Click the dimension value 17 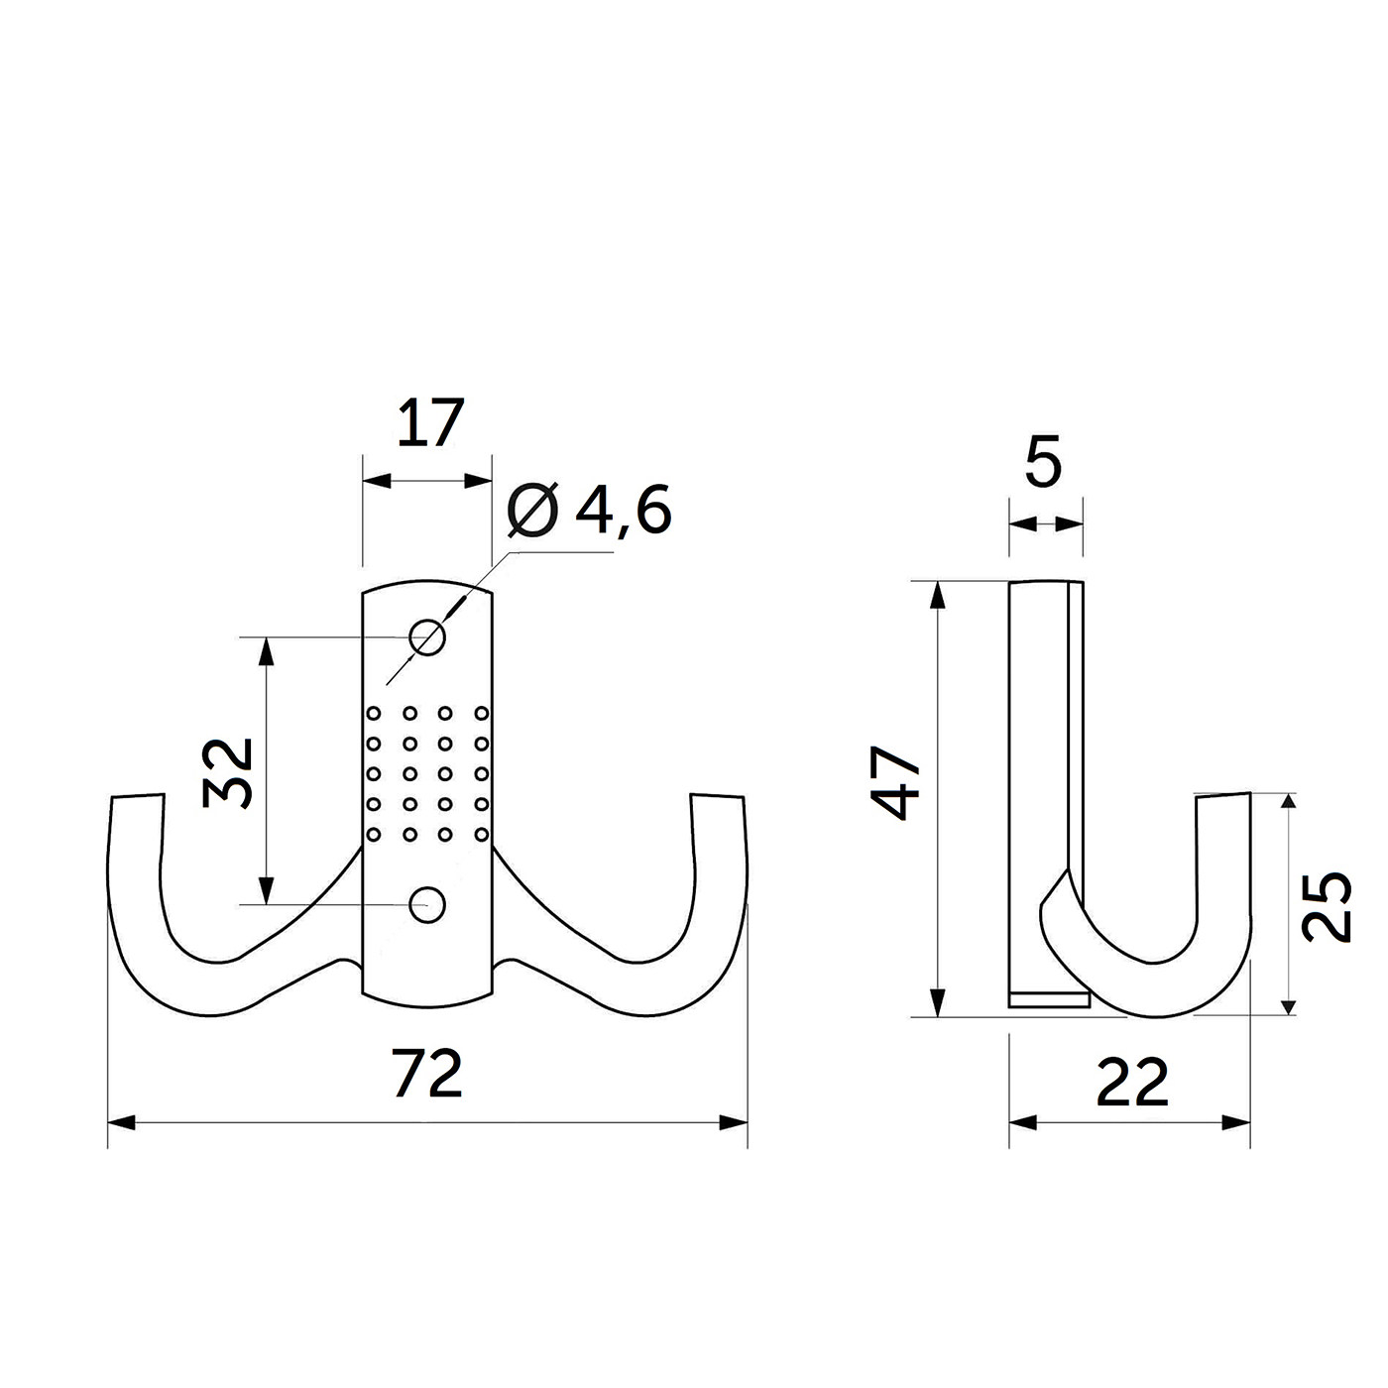[x=430, y=423]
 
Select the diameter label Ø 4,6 [x=589, y=511]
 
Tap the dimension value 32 [x=228, y=773]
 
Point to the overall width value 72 [x=428, y=1074]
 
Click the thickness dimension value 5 [x=1043, y=461]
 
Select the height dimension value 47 [x=896, y=783]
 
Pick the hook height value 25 [x=1327, y=905]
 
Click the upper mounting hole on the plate [x=427, y=637]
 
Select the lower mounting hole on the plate [x=427, y=904]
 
